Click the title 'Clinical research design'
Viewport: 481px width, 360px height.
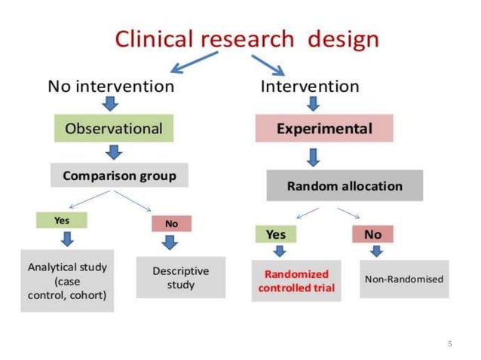pos(247,38)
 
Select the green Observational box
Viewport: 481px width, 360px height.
pos(114,128)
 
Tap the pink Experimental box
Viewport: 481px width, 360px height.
pos(323,128)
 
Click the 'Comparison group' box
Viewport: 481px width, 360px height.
pos(119,175)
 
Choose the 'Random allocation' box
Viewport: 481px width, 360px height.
pos(345,185)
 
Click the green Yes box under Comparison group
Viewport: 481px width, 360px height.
pos(62,220)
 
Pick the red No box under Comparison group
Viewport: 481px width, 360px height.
pos(171,224)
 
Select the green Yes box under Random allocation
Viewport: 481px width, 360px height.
pos(275,234)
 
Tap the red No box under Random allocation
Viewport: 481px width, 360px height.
pos(372,234)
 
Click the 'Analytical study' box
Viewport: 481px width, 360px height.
pos(67,280)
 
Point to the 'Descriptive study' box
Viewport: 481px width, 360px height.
pos(180,277)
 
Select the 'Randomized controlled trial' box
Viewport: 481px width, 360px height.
pos(296,280)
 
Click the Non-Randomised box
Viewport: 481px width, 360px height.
pos(404,279)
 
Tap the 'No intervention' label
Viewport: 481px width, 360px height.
pos(111,86)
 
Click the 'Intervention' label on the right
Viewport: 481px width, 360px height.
pos(310,86)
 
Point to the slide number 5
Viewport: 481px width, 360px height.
pos(450,344)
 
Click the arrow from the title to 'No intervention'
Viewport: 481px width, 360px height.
pos(195,63)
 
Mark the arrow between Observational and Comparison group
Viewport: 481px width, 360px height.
pos(114,152)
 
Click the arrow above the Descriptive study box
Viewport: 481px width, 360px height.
pos(171,243)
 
